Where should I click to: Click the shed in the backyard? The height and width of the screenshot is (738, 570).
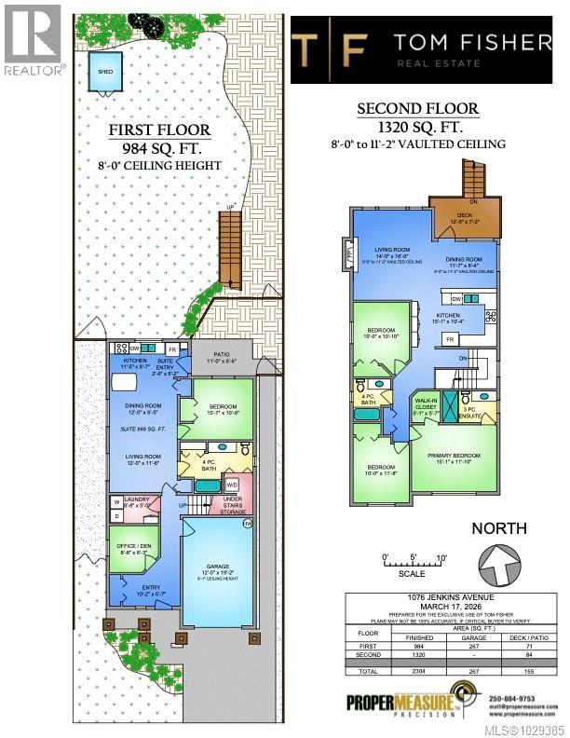102,68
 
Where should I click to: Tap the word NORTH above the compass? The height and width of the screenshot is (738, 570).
499,528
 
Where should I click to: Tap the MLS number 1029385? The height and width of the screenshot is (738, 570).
529,730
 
